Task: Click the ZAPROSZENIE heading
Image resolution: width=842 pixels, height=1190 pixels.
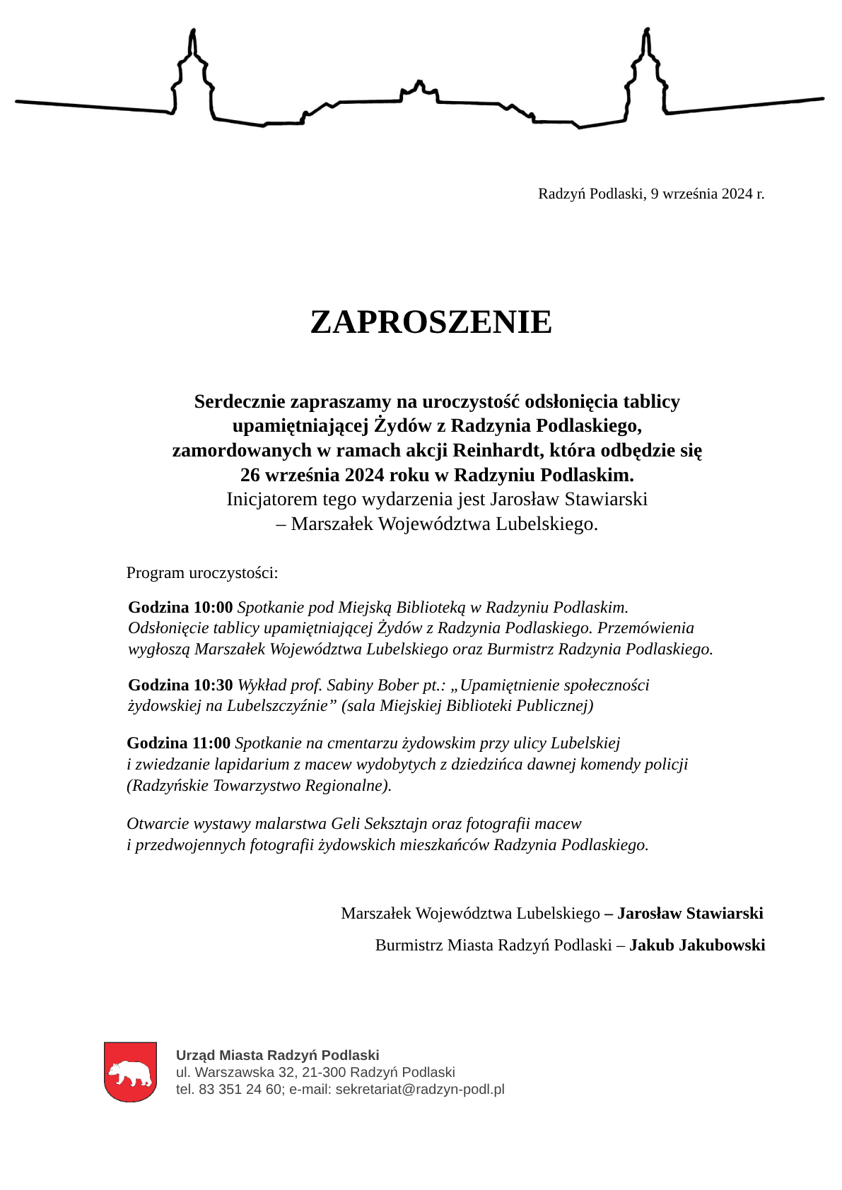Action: click(431, 322)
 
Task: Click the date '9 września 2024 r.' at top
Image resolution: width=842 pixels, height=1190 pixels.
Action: click(707, 194)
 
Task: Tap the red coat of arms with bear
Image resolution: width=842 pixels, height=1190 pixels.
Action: click(130, 1071)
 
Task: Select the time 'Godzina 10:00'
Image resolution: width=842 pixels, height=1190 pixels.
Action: click(180, 607)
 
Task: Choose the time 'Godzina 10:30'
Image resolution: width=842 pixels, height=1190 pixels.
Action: click(180, 685)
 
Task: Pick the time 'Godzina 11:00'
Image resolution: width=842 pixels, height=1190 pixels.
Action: click(178, 743)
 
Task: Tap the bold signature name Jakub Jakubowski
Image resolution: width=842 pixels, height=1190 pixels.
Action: click(697, 945)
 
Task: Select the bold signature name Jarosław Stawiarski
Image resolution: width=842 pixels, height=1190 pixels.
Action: click(690, 913)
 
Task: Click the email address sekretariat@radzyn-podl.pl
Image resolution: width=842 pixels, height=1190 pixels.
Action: click(420, 1089)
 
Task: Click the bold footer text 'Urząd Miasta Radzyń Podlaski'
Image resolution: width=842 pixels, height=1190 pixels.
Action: click(277, 1055)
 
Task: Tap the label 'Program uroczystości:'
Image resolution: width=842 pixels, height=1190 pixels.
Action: click(202, 572)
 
